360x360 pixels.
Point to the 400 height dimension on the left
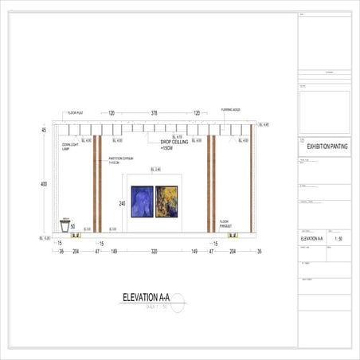(44, 185)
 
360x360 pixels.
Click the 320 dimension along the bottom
(155, 251)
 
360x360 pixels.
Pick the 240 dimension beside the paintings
(123, 204)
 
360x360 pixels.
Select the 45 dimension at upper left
(44, 130)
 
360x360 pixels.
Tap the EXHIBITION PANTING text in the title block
(327, 146)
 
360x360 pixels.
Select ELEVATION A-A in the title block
(311, 238)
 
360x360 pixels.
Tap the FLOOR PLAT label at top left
(76, 114)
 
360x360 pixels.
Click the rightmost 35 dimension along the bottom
(259, 251)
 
